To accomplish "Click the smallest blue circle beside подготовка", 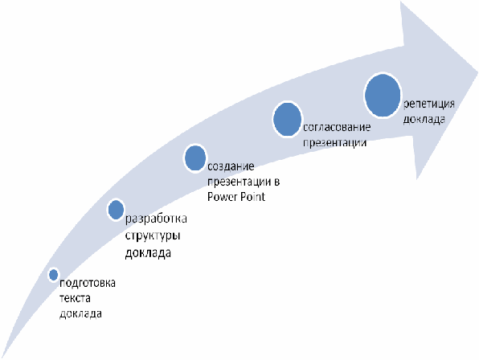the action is click(x=54, y=275).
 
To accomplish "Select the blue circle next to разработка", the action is click(x=116, y=210).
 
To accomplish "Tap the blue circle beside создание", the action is click(x=195, y=157).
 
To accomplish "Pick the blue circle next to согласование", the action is click(x=287, y=119).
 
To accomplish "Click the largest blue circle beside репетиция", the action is click(x=383, y=95).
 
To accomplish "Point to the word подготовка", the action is click(x=88, y=284).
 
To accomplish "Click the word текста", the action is click(x=75, y=298).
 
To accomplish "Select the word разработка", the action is click(x=156, y=219).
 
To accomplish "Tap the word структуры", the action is click(x=153, y=236).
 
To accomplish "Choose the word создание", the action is click(x=231, y=166).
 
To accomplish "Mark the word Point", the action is click(x=252, y=197).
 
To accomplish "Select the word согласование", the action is click(x=337, y=127).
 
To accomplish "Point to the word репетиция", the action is click(x=429, y=104).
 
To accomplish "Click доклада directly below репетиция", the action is click(x=424, y=120).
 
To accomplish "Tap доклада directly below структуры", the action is click(x=148, y=253).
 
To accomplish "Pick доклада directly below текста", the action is click(x=80, y=313).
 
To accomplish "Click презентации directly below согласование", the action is click(x=335, y=142).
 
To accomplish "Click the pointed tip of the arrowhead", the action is click(x=477, y=73).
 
